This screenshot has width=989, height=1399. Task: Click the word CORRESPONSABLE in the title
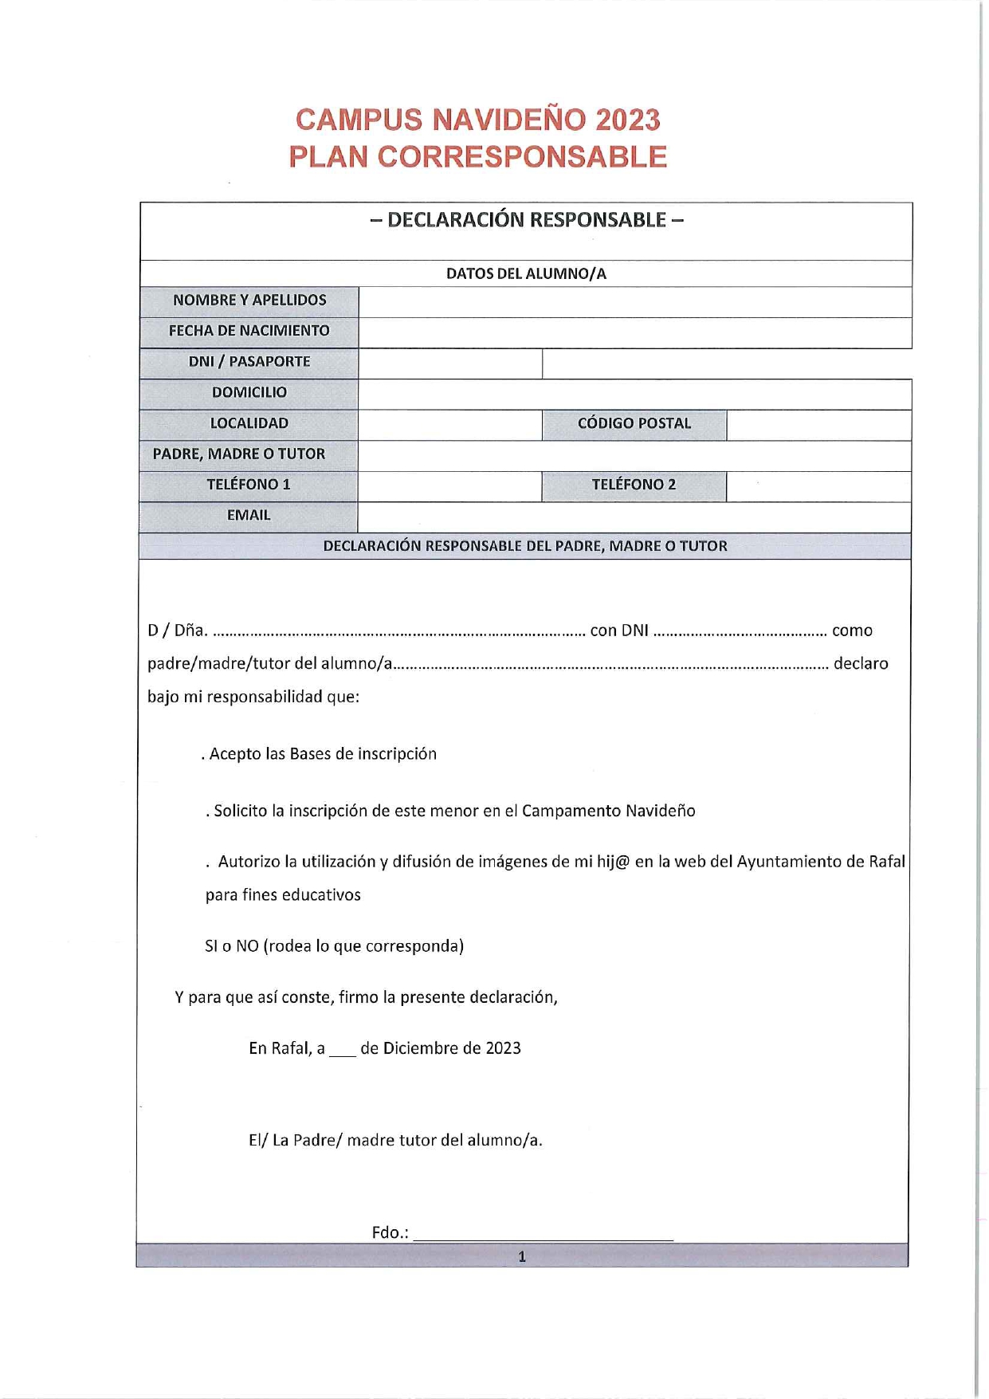(522, 157)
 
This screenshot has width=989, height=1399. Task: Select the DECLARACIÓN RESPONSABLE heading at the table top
(526, 220)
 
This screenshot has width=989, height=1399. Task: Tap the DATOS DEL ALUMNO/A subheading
(526, 273)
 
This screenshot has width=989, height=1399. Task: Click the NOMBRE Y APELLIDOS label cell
(249, 301)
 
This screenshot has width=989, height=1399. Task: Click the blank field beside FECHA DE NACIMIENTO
(634, 332)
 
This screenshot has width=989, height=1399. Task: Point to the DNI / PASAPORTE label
(249, 362)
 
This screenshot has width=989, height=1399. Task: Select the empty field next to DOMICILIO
(634, 394)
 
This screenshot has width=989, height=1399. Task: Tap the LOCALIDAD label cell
(249, 423)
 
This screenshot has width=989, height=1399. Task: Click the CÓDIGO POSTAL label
(634, 423)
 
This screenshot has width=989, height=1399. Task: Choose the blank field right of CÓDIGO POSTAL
(818, 424)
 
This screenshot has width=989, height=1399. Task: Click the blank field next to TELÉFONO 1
(449, 485)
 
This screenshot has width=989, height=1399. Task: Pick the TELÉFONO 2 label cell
(634, 485)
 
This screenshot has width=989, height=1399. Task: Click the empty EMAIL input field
(634, 517)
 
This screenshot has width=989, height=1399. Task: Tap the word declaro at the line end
(861, 663)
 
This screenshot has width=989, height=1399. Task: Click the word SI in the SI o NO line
(211, 946)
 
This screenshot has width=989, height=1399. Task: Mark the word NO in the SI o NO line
(247, 946)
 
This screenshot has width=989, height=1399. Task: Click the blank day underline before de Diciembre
(342, 1051)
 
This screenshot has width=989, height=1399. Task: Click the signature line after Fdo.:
(544, 1235)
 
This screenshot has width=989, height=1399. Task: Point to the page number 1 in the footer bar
(522, 1257)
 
